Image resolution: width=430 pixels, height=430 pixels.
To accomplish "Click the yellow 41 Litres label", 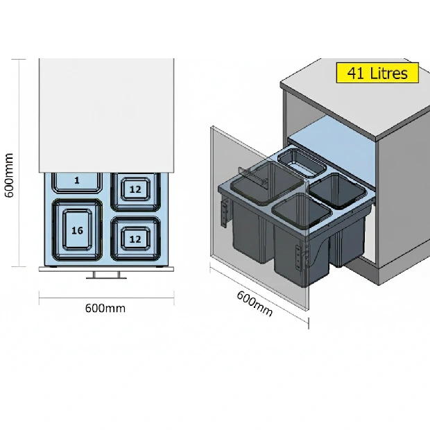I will pos(378,73).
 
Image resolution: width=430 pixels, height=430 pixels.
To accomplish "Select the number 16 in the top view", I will pos(76,230).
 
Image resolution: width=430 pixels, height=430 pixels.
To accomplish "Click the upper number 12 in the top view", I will pos(135,189).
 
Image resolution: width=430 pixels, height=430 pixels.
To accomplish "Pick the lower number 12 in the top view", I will pos(135,239).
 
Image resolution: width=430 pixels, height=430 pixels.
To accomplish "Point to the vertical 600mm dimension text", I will pos(10,175).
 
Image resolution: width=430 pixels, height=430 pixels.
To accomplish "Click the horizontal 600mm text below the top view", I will pos(105,308).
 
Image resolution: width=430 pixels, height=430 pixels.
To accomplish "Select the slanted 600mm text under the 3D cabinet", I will pos(255,303).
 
